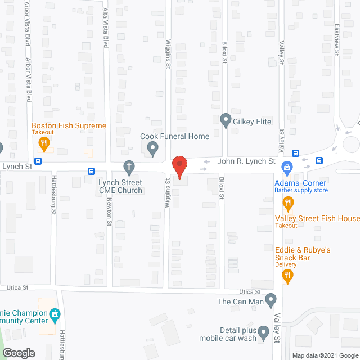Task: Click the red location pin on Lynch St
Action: pos(179,166)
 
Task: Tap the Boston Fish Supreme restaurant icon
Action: pos(43,144)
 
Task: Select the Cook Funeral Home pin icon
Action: pos(152,149)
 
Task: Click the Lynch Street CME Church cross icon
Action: pos(129,167)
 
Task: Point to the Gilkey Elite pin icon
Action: pos(226,120)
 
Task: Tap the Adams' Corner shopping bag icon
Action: pos(287,167)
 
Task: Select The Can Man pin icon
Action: pos(271,300)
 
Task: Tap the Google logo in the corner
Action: pos(18,353)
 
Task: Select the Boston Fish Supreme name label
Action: pos(69,125)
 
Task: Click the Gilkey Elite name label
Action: pos(253,121)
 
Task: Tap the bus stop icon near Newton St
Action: pos(91,171)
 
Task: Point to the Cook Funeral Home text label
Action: pos(174,136)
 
